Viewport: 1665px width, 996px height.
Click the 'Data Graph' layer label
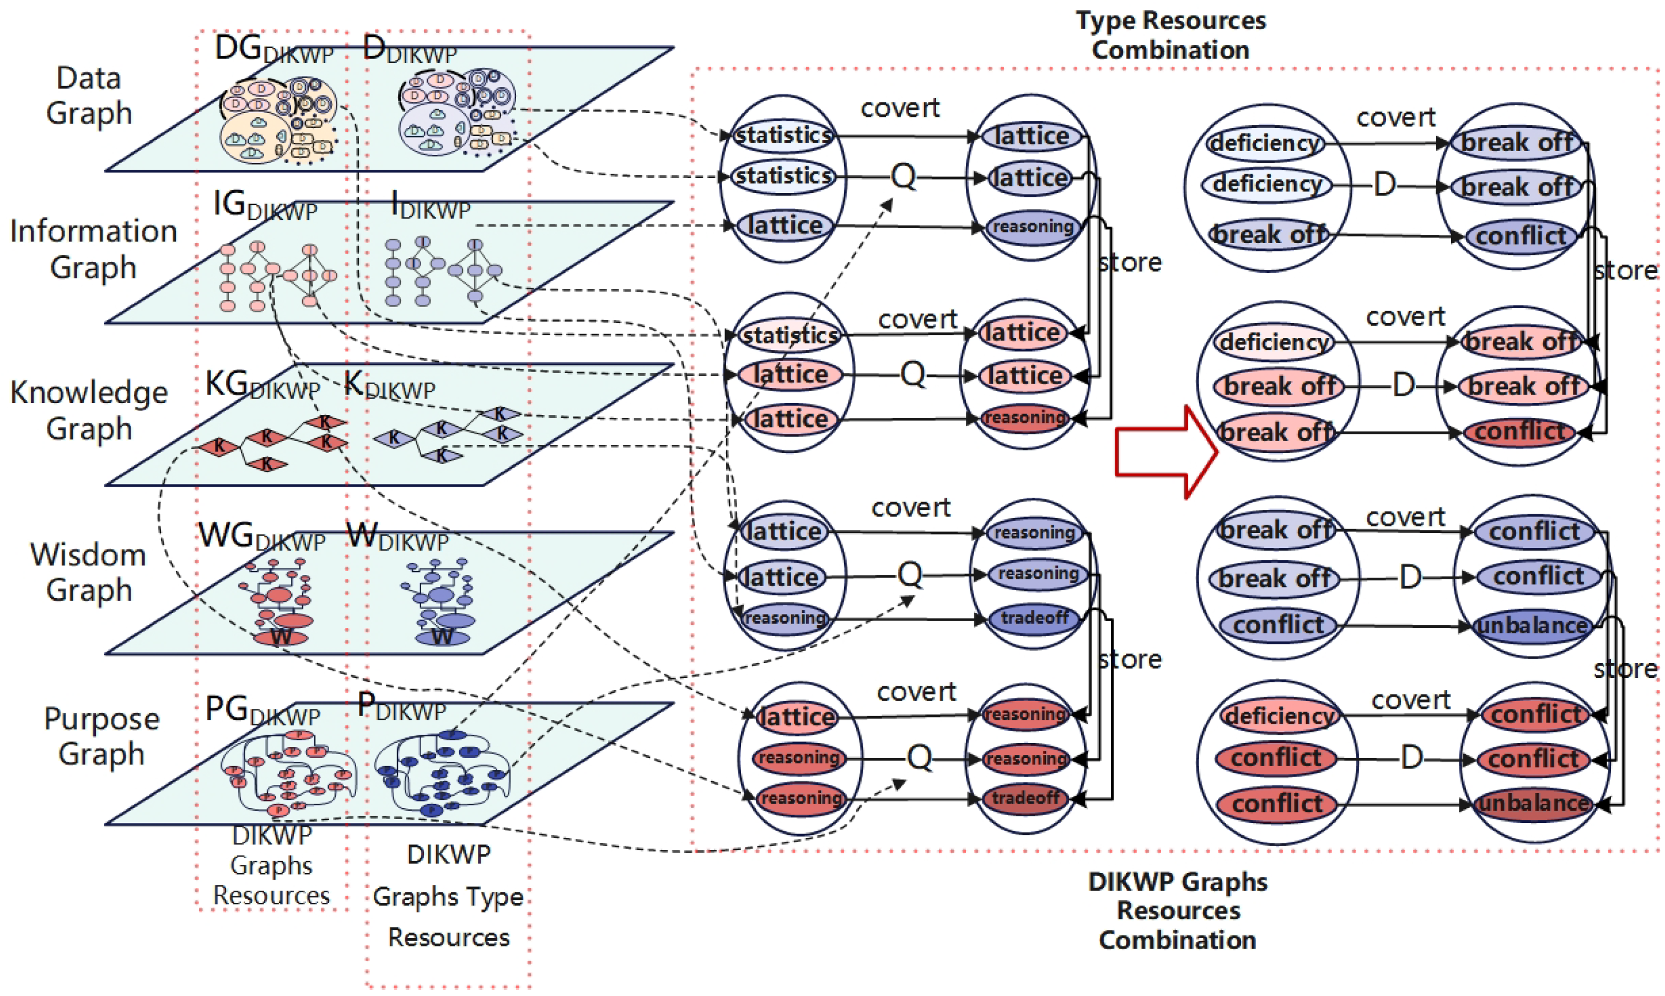tap(89, 95)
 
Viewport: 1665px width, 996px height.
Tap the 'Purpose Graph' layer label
tap(101, 736)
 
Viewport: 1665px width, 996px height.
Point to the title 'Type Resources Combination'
tap(1171, 35)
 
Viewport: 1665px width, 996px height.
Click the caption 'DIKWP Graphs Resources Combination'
tap(1178, 910)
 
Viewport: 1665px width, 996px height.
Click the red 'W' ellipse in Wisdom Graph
tap(281, 636)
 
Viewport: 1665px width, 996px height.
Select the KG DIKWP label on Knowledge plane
tap(262, 385)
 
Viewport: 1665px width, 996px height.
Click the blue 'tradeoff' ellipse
tap(1034, 617)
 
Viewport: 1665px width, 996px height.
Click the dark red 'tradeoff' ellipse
tap(1025, 798)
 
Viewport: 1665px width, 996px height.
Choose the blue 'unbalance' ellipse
tap(1533, 626)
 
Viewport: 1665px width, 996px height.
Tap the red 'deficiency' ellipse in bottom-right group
tap(1279, 715)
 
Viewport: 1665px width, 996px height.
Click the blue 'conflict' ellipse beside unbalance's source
tap(1279, 625)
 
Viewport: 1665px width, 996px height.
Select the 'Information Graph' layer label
tap(93, 249)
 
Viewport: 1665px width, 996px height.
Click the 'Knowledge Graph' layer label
tap(89, 410)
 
